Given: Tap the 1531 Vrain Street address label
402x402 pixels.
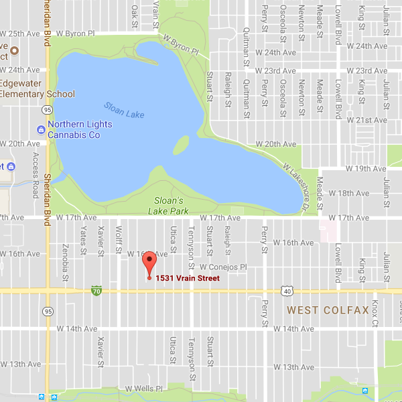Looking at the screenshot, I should tap(188, 278).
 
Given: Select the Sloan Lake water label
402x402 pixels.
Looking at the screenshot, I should tap(124, 110).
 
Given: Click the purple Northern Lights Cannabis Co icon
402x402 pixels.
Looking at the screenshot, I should tap(42, 129).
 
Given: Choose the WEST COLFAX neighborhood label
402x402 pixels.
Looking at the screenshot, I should tap(328, 310).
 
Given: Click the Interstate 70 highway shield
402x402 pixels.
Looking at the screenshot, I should tap(96, 290).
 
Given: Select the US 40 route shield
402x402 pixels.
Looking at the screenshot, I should tap(287, 290).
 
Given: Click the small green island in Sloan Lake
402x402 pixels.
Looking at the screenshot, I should tap(181, 145).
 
